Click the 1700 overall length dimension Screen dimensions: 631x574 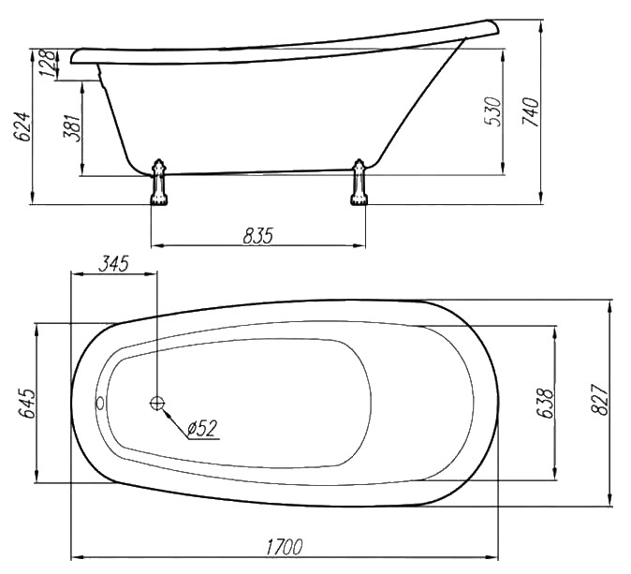[x=285, y=547]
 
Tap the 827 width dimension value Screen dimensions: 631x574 [x=599, y=400]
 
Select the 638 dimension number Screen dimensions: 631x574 [x=545, y=404]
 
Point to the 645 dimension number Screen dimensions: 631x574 [x=26, y=404]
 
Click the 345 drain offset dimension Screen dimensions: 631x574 [x=113, y=264]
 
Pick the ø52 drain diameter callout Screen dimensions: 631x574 [x=202, y=428]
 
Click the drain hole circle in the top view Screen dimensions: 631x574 [x=156, y=402]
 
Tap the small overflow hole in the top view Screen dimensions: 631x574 [x=100, y=402]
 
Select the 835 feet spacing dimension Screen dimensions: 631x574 [x=258, y=236]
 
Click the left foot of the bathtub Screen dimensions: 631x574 [x=158, y=183]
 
